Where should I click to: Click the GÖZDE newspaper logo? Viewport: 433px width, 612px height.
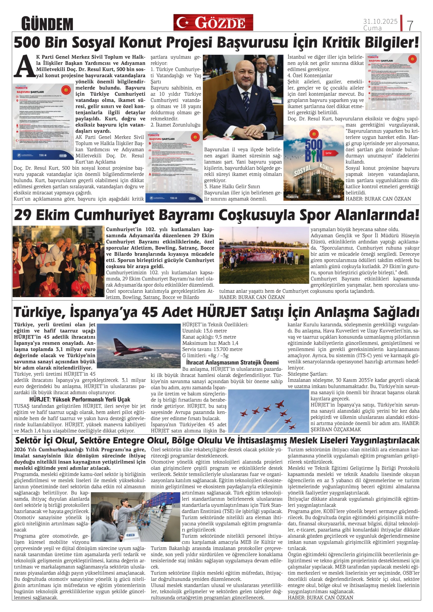213,23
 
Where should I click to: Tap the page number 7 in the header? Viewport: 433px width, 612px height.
410,25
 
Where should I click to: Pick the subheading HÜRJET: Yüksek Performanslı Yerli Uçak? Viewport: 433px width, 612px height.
80,399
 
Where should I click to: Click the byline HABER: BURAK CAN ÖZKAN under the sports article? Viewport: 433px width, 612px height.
252,297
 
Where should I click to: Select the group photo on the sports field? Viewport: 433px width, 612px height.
264,255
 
